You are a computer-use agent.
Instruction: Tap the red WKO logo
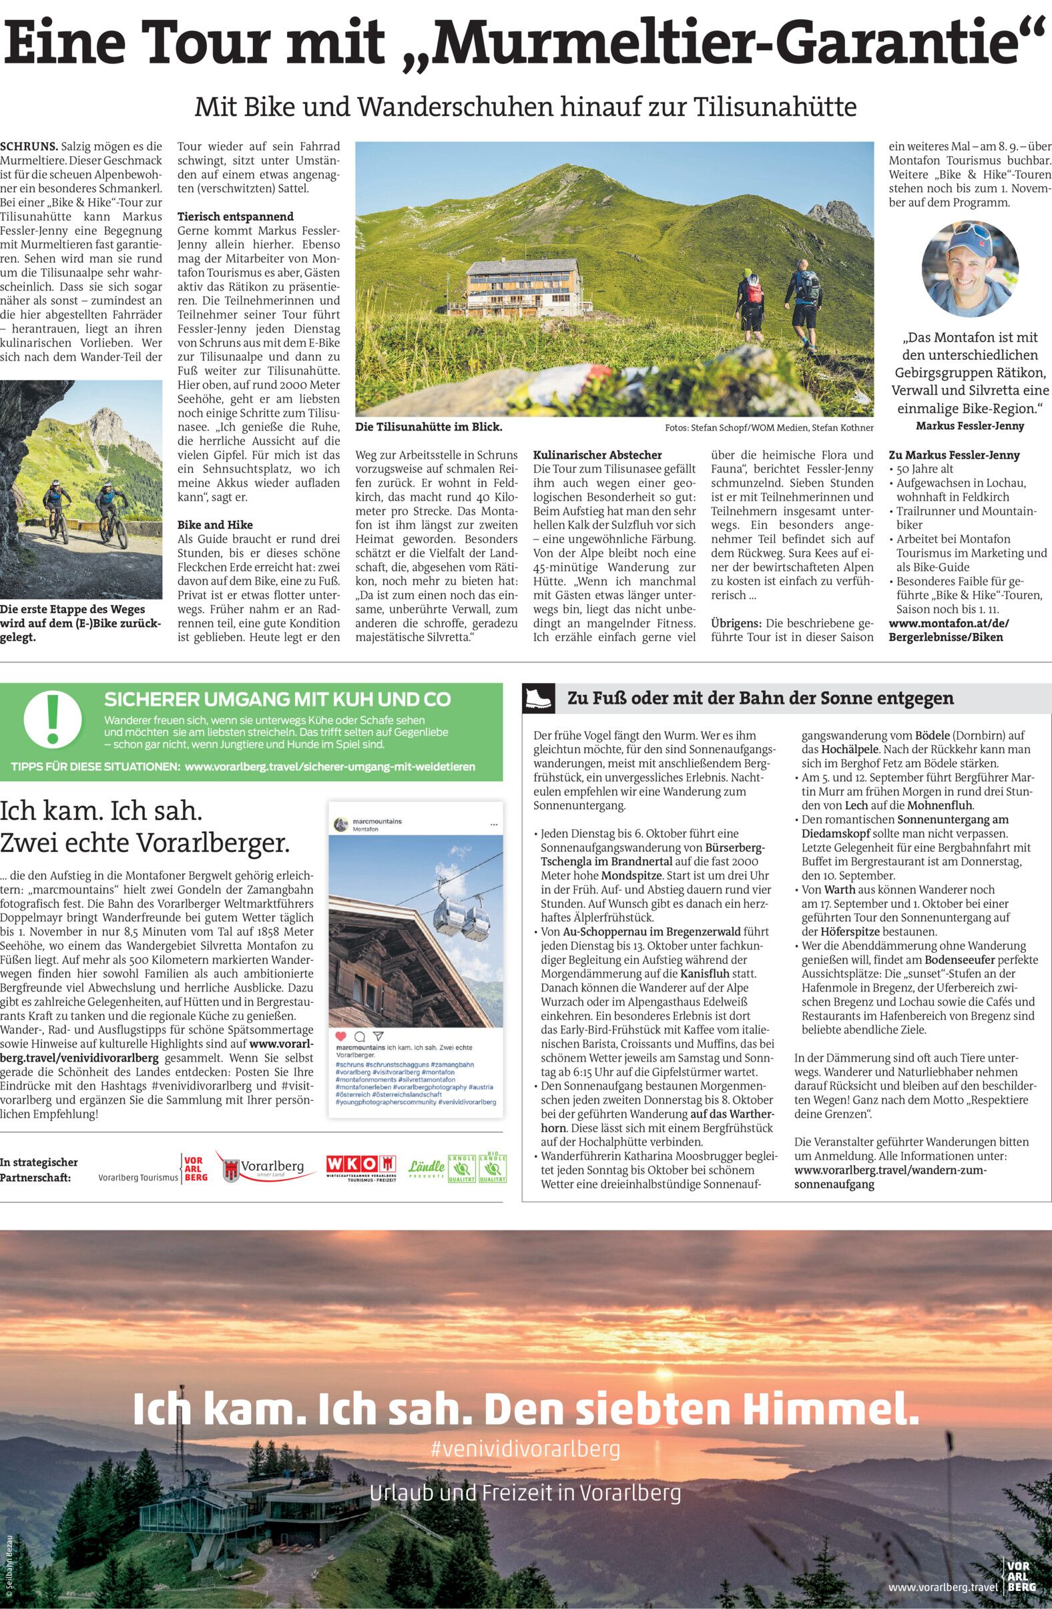360,1164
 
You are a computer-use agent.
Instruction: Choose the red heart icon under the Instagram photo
340,1036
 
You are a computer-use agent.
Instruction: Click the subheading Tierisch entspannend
235,216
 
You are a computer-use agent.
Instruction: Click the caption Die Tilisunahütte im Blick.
429,427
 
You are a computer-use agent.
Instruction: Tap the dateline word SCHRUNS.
29,146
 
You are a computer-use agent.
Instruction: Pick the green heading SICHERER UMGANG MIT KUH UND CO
277,698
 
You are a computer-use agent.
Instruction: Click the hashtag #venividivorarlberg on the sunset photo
526,1449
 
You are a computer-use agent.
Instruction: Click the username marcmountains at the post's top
377,821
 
